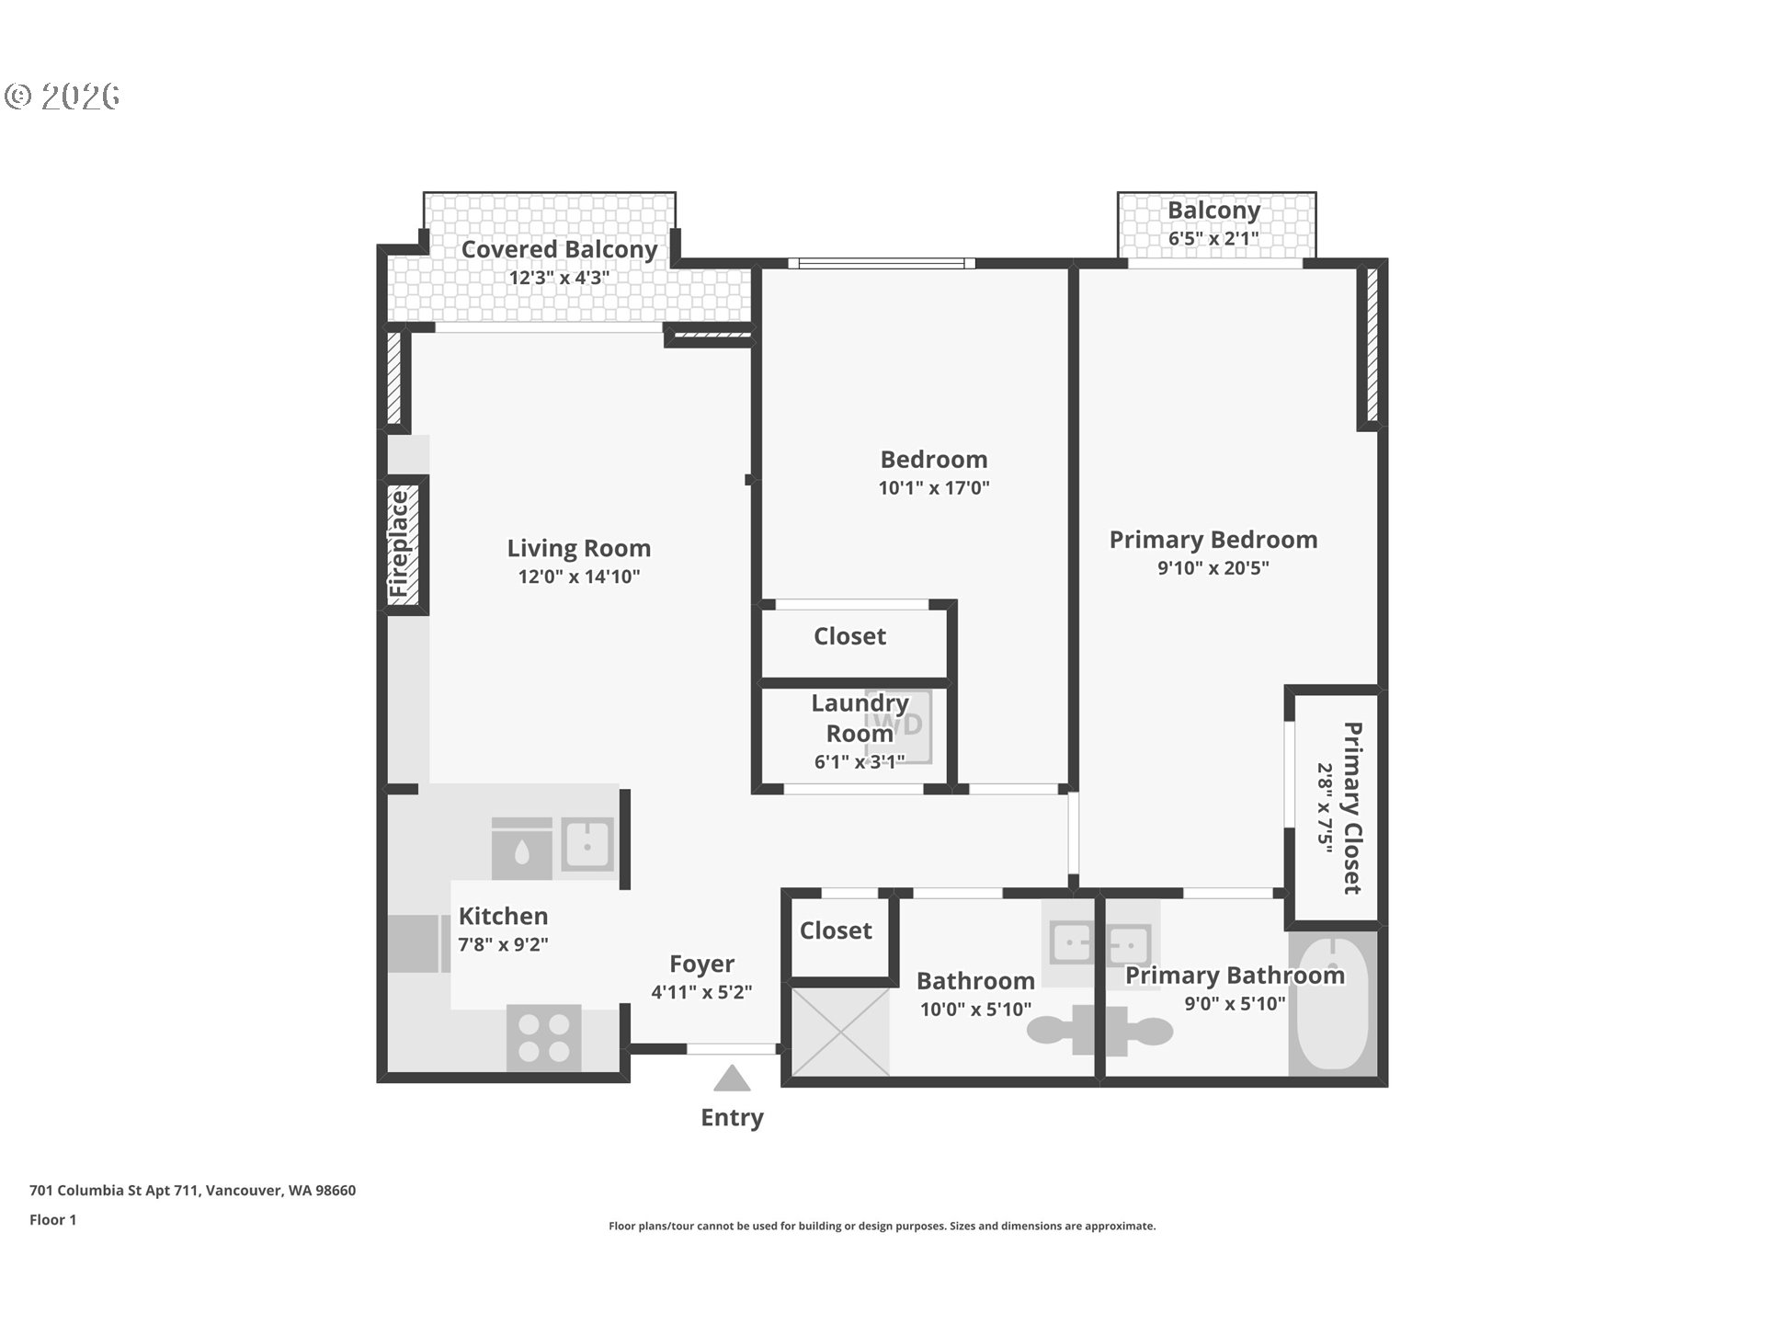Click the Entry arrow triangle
(732, 1079)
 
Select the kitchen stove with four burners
(543, 1037)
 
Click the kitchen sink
(587, 843)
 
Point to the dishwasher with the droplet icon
(521, 849)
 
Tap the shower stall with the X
(840, 1032)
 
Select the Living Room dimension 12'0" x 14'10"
(578, 577)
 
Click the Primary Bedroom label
(1213, 540)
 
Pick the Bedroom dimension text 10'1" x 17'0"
(933, 488)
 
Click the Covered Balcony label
(559, 249)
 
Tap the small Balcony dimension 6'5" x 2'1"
(1213, 239)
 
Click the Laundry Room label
(860, 718)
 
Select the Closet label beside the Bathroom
(835, 930)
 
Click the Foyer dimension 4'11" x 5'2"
(701, 993)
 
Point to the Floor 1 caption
(52, 1220)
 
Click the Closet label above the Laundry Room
(849, 636)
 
